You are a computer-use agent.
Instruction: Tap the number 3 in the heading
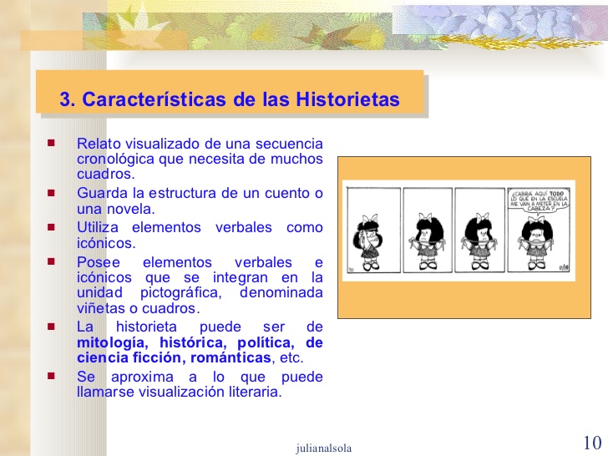point(64,100)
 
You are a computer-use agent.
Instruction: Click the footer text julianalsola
point(324,448)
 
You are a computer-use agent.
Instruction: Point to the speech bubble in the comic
point(540,201)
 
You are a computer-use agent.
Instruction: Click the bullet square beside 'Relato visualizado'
point(51,144)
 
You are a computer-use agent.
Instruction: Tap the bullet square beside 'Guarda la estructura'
point(51,194)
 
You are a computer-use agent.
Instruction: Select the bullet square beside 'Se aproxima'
point(51,377)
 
